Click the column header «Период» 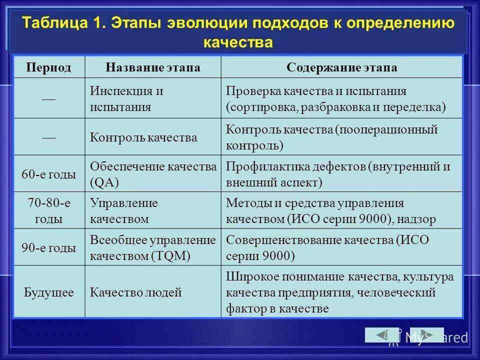point(48,67)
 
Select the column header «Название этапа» point(152,67)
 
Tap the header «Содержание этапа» point(341,67)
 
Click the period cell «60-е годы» point(48,174)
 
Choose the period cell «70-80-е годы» point(48,210)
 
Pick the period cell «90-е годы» point(48,247)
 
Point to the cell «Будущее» point(48,292)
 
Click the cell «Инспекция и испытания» point(127,98)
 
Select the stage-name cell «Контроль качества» point(143,137)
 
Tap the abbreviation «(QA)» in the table point(104,182)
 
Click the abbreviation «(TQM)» point(170,256)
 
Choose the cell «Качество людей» point(135,292)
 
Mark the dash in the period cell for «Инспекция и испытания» point(48,98)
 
